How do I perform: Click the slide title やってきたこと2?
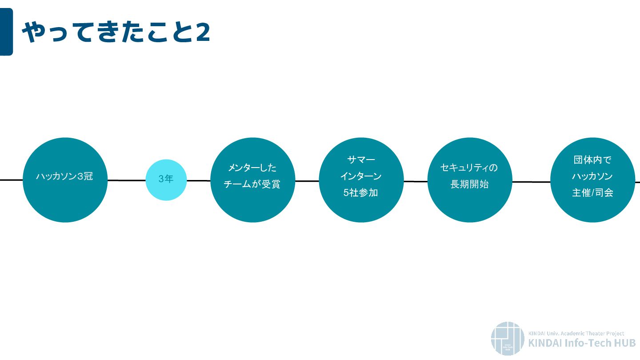coord(116,32)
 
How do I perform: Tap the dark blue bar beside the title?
coord(6,32)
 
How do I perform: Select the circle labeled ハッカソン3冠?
coord(65,180)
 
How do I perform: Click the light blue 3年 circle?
coord(166,180)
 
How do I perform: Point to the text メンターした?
coord(252,168)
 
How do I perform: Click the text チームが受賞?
coord(252,184)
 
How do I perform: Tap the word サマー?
coord(361,160)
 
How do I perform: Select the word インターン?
coord(361,176)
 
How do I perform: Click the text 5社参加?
coord(361,193)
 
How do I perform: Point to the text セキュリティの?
coord(469,168)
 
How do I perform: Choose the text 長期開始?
coord(469,184)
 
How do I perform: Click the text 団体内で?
coord(592,160)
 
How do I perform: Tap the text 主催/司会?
coord(592,193)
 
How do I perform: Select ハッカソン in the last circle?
coord(592,176)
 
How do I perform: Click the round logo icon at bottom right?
coord(508,338)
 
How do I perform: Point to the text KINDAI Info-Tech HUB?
coord(582,343)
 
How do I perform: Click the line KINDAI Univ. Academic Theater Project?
coord(576,333)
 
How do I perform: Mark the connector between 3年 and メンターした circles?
coord(198,180)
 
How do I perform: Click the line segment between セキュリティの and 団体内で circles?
coord(531,181)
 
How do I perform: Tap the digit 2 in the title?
coord(203,32)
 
